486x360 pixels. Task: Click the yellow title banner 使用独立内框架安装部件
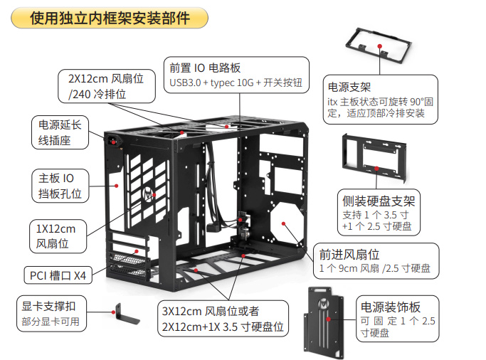pyautogui.click(x=110, y=18)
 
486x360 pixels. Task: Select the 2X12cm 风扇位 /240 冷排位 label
pyautogui.click(x=105, y=85)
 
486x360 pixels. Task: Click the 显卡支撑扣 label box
pyautogui.click(x=50, y=313)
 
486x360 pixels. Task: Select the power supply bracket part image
pyautogui.click(x=379, y=44)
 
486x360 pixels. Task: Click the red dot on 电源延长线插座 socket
pyautogui.click(x=114, y=141)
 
